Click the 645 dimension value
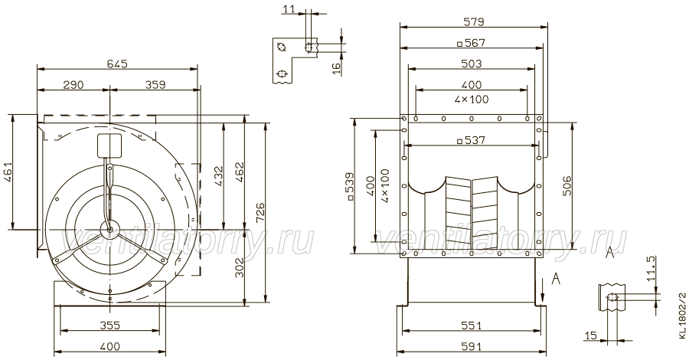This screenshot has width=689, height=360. (x=117, y=64)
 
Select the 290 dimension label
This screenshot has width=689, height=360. (x=73, y=85)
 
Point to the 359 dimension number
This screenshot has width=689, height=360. (x=155, y=85)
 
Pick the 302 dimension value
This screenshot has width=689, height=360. (x=240, y=267)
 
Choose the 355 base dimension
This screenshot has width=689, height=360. (x=109, y=326)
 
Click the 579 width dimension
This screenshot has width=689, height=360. (x=473, y=21)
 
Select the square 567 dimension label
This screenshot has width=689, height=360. (x=470, y=43)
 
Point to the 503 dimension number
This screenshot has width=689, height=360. (x=472, y=64)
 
